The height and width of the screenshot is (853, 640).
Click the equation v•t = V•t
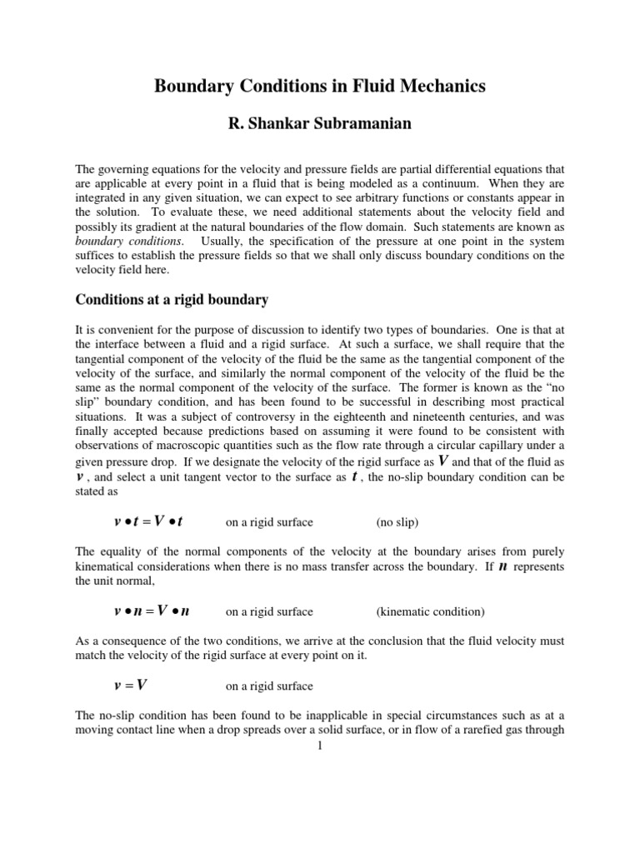tap(147, 521)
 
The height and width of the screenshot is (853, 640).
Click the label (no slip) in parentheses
tap(397, 522)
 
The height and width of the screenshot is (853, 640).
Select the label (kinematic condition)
tap(429, 611)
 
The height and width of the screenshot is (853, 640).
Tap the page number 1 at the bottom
tap(319, 745)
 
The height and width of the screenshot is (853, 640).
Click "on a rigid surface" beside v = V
tap(270, 686)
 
